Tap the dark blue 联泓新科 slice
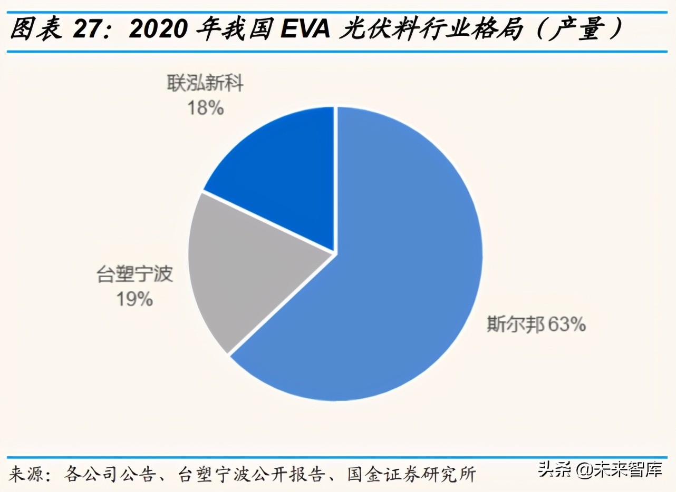[279, 174]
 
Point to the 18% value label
[206, 108]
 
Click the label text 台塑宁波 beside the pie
[136, 274]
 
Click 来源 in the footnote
[27, 473]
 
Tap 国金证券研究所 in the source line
[412, 473]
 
